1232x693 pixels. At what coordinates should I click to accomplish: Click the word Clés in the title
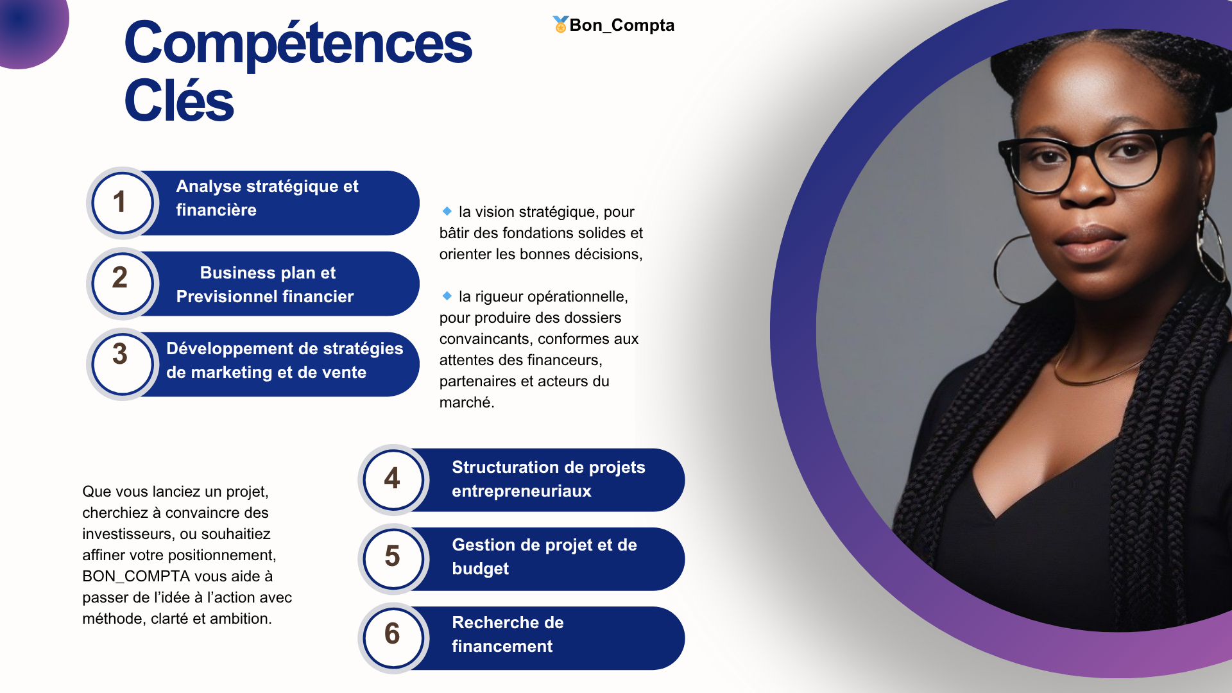[x=179, y=101]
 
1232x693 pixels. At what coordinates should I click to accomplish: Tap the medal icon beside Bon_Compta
[x=560, y=24]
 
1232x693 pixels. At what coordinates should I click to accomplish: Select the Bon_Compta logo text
[x=622, y=25]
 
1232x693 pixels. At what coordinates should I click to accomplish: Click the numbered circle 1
[x=122, y=203]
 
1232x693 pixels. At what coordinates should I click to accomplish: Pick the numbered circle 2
[x=122, y=284]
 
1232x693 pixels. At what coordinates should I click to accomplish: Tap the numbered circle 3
[x=122, y=364]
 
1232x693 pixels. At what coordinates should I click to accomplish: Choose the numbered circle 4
[x=393, y=479]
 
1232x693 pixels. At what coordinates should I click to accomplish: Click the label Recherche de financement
[x=508, y=634]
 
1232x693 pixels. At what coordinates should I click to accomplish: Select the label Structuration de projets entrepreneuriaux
[x=549, y=479]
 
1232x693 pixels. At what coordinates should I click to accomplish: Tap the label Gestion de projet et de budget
[x=544, y=556]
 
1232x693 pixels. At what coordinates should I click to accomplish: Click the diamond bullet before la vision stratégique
[x=447, y=210]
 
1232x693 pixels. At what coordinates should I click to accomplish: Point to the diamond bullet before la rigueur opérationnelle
[x=447, y=295]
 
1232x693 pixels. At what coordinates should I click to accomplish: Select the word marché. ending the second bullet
[x=466, y=402]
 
